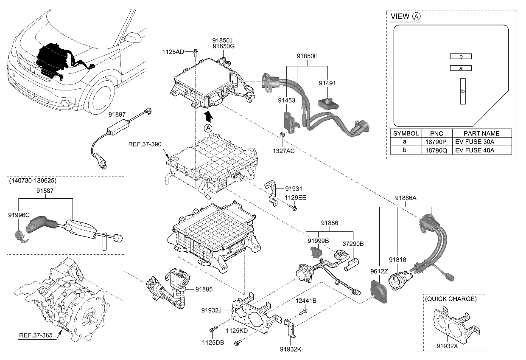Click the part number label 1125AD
point(173,52)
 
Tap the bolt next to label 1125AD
point(195,52)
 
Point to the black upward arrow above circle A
point(208,116)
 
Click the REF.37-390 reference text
point(144,145)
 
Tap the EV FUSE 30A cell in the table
point(474,142)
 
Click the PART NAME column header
point(481,133)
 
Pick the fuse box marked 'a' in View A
point(461,68)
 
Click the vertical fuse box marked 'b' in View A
point(463,91)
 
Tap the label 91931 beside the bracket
point(294,188)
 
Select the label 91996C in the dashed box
point(19,215)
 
